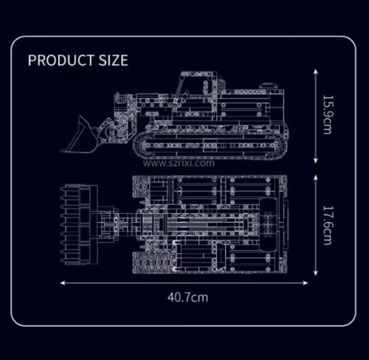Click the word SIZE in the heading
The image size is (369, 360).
click(114, 60)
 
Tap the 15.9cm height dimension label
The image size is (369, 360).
click(327, 115)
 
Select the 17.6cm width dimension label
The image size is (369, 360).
click(327, 225)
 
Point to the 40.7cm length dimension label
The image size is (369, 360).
click(187, 297)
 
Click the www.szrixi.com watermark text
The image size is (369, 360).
click(179, 163)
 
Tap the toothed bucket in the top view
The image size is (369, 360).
click(79, 224)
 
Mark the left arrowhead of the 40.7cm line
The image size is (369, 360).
click(63, 283)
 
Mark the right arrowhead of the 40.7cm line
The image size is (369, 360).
click(306, 283)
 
